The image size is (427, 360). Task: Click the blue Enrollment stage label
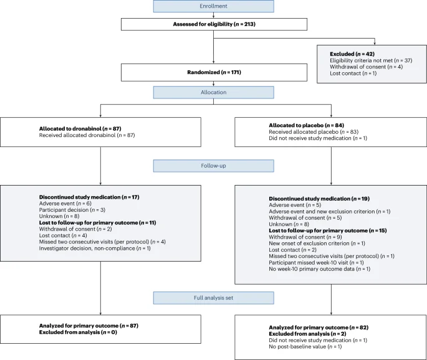pyautogui.click(x=213, y=6)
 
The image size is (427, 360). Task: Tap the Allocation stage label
pyautogui.click(x=213, y=92)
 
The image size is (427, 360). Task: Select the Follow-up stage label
pyautogui.click(x=213, y=166)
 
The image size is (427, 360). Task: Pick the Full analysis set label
pyautogui.click(x=213, y=298)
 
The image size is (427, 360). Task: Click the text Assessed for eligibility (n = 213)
pyautogui.click(x=214, y=24)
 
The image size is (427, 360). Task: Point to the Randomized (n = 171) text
pyautogui.click(x=214, y=72)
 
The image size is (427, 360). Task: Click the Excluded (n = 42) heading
pyautogui.click(x=352, y=54)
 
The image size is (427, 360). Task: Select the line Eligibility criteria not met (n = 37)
pyautogui.click(x=371, y=60)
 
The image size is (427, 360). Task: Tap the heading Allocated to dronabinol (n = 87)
pyautogui.click(x=80, y=129)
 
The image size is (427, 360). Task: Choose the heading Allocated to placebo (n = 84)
pyautogui.click(x=306, y=125)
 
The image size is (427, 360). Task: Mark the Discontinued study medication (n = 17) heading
pyautogui.click(x=89, y=197)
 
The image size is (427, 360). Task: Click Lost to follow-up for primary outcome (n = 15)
pyautogui.click(x=328, y=230)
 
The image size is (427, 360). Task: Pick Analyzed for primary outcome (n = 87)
pyautogui.click(x=89, y=326)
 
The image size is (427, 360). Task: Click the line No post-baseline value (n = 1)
pyautogui.click(x=305, y=347)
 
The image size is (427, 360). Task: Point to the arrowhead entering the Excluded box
pyautogui.click(x=375, y=44)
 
